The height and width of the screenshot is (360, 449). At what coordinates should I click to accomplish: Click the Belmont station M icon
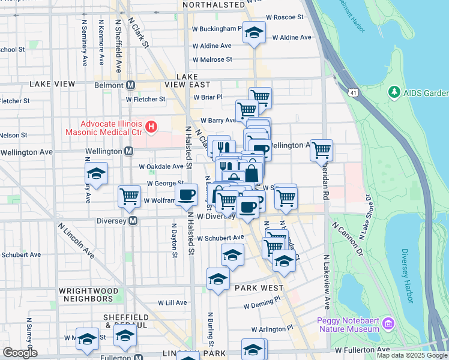point(130,86)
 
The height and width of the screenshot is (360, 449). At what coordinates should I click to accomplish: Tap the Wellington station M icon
point(128,152)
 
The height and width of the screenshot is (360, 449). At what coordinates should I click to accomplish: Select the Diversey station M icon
point(133,221)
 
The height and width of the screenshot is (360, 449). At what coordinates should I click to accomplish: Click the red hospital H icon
point(151,127)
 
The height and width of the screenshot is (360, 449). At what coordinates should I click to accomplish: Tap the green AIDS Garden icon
point(394,92)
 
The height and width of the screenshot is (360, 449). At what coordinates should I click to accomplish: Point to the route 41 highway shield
point(353,92)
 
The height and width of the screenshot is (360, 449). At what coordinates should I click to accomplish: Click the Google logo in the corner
point(20,353)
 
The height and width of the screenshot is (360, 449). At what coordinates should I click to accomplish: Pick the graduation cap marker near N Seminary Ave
point(96,174)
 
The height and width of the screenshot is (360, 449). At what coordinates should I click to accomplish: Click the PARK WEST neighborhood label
point(259,288)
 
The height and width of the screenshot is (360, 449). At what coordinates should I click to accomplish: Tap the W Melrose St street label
point(212,59)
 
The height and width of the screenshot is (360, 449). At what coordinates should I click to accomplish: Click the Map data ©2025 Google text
point(411,355)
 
